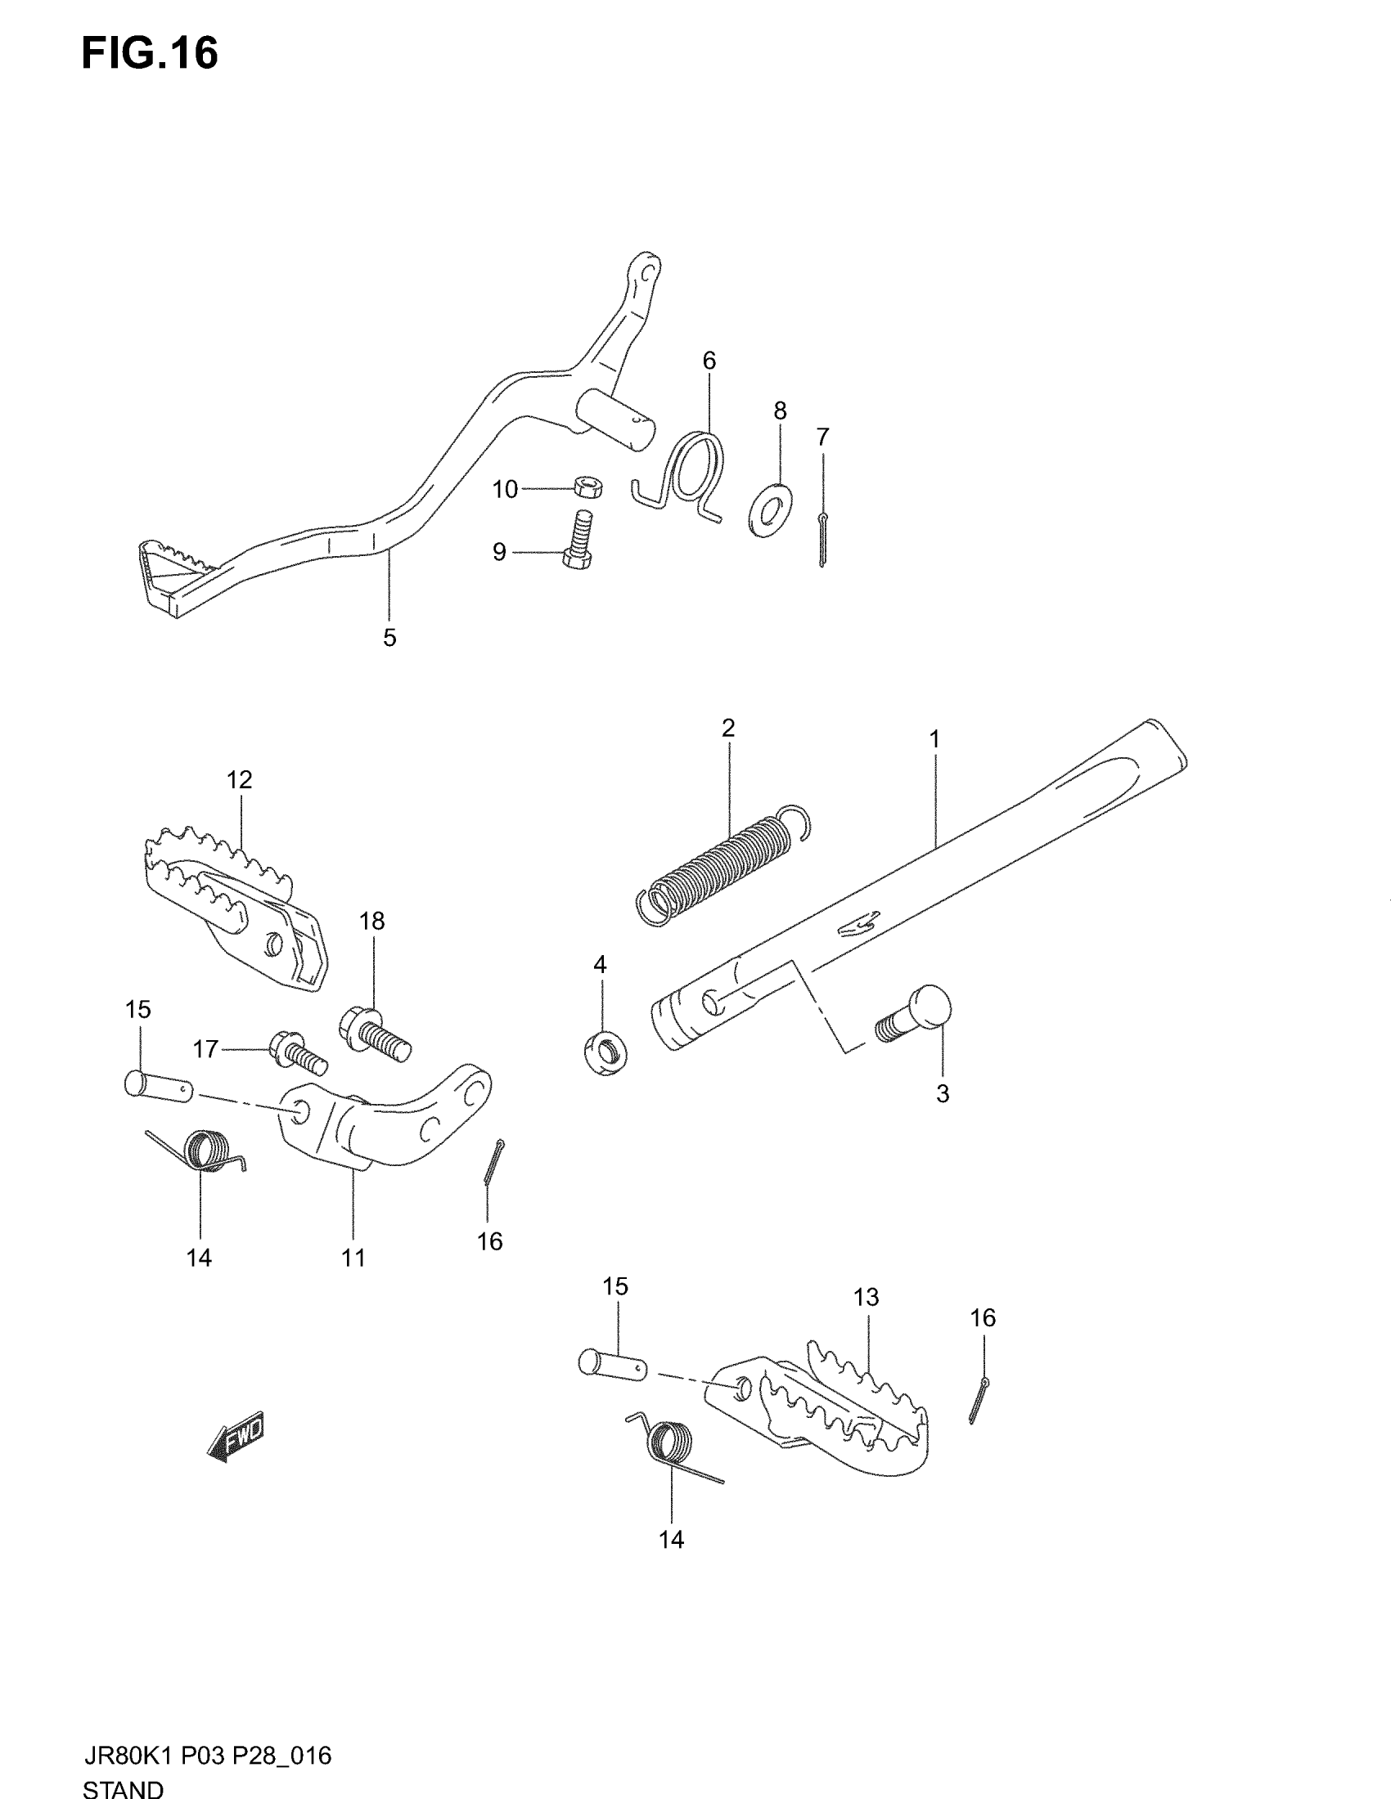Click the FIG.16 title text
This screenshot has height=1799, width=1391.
(149, 54)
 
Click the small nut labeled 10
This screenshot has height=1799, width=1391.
(588, 487)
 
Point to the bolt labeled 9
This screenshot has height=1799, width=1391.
(579, 541)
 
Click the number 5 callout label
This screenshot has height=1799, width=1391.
(389, 638)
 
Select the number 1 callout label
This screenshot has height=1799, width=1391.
(934, 740)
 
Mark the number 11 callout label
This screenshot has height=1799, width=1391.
(353, 1258)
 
